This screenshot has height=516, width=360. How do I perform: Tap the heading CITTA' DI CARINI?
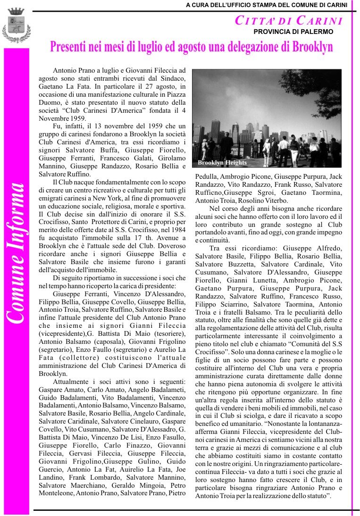[x=288, y=20]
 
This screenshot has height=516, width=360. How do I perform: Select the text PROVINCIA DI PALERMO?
[x=293, y=32]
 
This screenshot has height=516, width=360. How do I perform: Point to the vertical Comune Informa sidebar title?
[x=16, y=253]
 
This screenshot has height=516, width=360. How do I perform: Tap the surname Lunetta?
[x=254, y=280]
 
